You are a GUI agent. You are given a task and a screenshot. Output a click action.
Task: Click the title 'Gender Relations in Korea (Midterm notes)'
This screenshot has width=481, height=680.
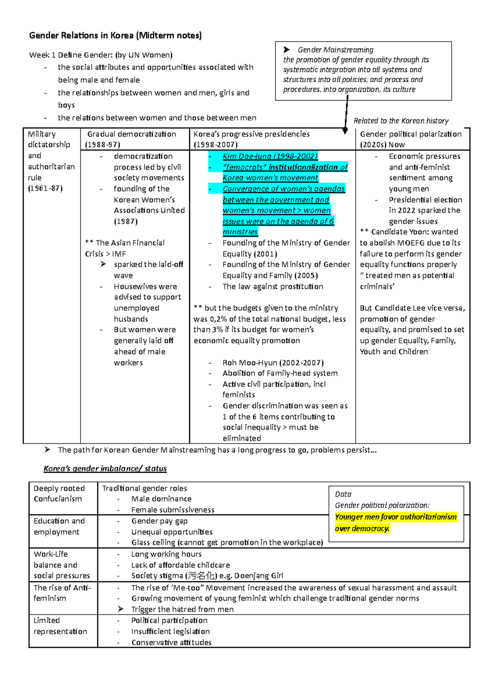[x=115, y=35]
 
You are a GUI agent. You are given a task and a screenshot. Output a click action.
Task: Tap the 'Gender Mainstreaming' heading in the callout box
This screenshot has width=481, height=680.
[x=335, y=50]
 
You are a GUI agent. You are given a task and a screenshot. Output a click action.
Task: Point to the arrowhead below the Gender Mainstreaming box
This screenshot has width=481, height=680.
[x=345, y=131]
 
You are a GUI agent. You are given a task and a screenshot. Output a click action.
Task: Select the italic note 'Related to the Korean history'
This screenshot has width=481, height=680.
[x=401, y=121]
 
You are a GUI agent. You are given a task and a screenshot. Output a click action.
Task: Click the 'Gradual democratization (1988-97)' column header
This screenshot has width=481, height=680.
[x=131, y=139]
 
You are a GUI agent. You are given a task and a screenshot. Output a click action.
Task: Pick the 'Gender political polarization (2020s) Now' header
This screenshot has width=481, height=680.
[x=410, y=139]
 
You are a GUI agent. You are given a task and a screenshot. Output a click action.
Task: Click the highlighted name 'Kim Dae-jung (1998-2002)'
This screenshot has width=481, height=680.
[x=270, y=156]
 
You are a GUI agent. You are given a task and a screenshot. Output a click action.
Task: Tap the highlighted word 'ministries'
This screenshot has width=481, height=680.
[x=240, y=232]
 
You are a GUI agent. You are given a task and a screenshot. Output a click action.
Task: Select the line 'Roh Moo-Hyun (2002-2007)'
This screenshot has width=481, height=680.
[x=273, y=362]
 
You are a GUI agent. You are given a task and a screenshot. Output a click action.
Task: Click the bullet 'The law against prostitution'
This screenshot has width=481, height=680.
[x=273, y=286]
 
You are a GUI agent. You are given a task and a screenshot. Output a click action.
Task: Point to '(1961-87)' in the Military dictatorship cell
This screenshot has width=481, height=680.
[x=45, y=188]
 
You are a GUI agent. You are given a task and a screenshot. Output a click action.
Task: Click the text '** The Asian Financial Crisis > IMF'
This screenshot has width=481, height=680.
[x=124, y=248]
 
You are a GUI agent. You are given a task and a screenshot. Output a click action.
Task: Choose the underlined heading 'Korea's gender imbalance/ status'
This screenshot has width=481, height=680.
[x=105, y=468]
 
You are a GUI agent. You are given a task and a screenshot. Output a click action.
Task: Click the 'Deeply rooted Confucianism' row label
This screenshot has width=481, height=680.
[x=59, y=494]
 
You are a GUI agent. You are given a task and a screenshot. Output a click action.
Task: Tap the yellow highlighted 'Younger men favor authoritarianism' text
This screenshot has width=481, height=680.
[x=396, y=517]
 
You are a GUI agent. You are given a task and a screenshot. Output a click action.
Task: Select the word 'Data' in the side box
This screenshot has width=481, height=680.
[x=343, y=494]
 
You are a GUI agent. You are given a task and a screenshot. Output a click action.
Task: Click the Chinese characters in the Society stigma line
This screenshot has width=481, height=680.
[x=203, y=575]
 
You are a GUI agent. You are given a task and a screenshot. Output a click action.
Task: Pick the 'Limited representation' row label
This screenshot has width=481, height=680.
[x=60, y=626]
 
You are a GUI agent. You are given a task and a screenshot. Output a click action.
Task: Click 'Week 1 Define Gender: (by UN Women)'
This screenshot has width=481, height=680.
[x=101, y=55]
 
